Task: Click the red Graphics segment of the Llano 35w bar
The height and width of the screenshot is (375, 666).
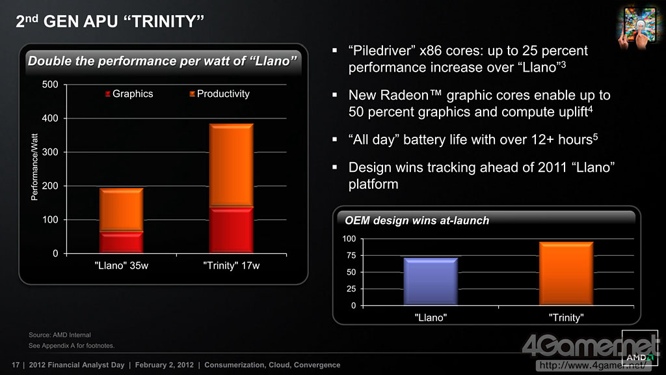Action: (122, 242)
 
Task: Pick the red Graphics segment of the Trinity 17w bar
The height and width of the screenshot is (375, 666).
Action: (231, 230)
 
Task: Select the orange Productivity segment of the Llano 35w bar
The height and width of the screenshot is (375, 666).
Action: (122, 210)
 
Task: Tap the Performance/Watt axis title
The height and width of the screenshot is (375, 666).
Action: (35, 167)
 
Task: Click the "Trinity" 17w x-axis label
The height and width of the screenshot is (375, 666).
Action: (231, 266)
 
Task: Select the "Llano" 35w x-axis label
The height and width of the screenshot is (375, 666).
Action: (122, 266)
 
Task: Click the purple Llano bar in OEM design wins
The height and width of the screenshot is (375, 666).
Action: (431, 281)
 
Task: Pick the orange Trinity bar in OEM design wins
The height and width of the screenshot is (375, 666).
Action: (566, 273)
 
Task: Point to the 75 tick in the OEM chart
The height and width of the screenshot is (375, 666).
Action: (350, 256)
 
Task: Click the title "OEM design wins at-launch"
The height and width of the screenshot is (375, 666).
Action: (416, 221)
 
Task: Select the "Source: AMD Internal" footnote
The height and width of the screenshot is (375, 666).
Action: (60, 335)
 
